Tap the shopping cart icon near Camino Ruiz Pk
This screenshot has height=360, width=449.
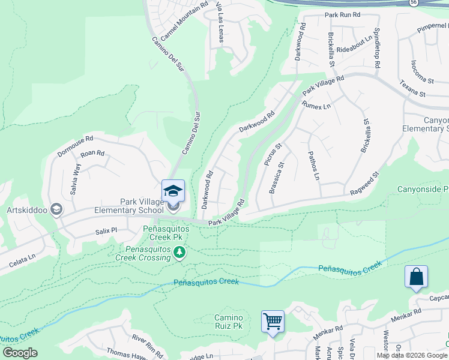point(273,322)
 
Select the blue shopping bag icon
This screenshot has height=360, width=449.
point(416,277)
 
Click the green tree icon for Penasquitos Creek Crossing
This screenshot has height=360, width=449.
point(179,253)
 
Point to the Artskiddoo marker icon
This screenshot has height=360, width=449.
point(56,209)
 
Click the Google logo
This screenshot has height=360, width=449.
point(20,353)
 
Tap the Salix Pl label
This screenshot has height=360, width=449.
point(106,230)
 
